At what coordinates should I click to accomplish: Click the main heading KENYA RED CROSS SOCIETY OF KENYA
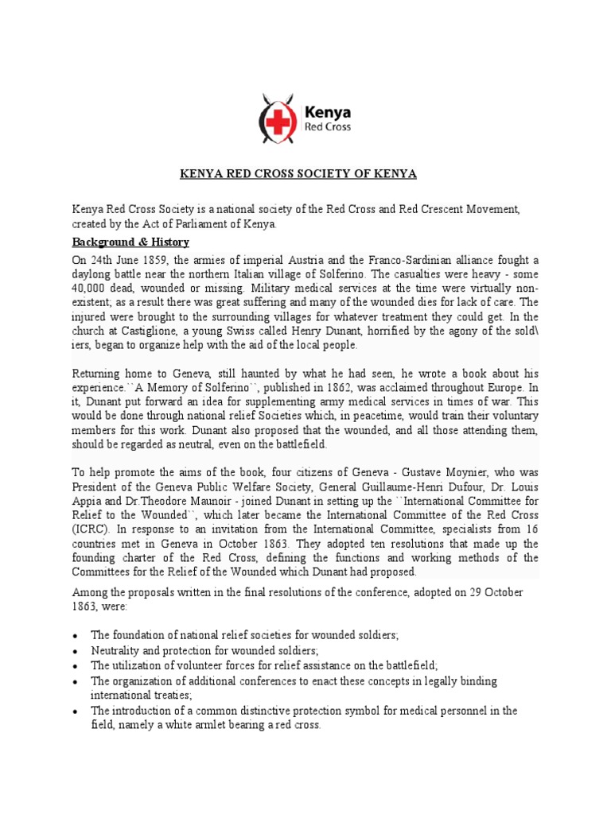pyautogui.click(x=305, y=174)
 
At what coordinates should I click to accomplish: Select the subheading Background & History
pyautogui.click(x=131, y=242)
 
